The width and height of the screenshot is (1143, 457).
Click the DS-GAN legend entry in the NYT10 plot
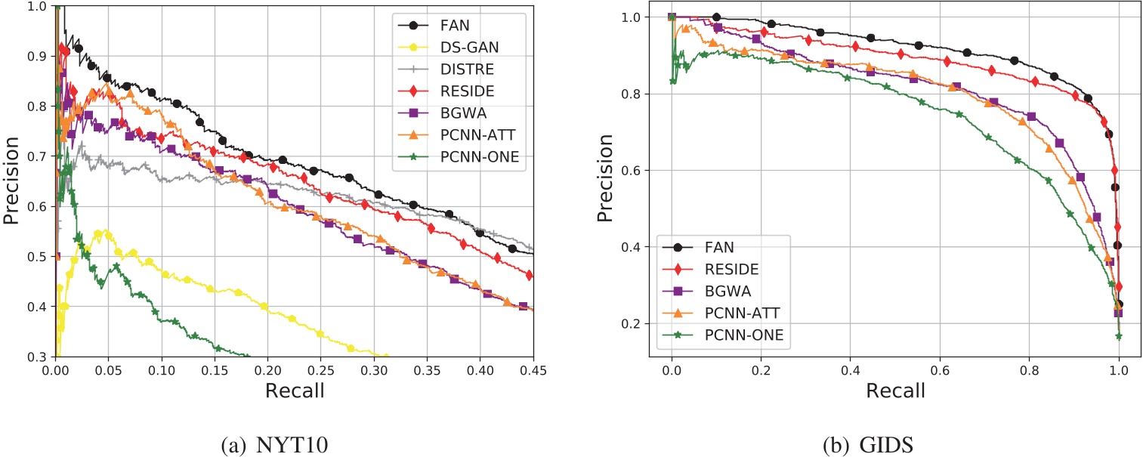point(468,47)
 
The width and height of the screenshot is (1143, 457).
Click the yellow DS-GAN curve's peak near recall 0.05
point(105,231)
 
